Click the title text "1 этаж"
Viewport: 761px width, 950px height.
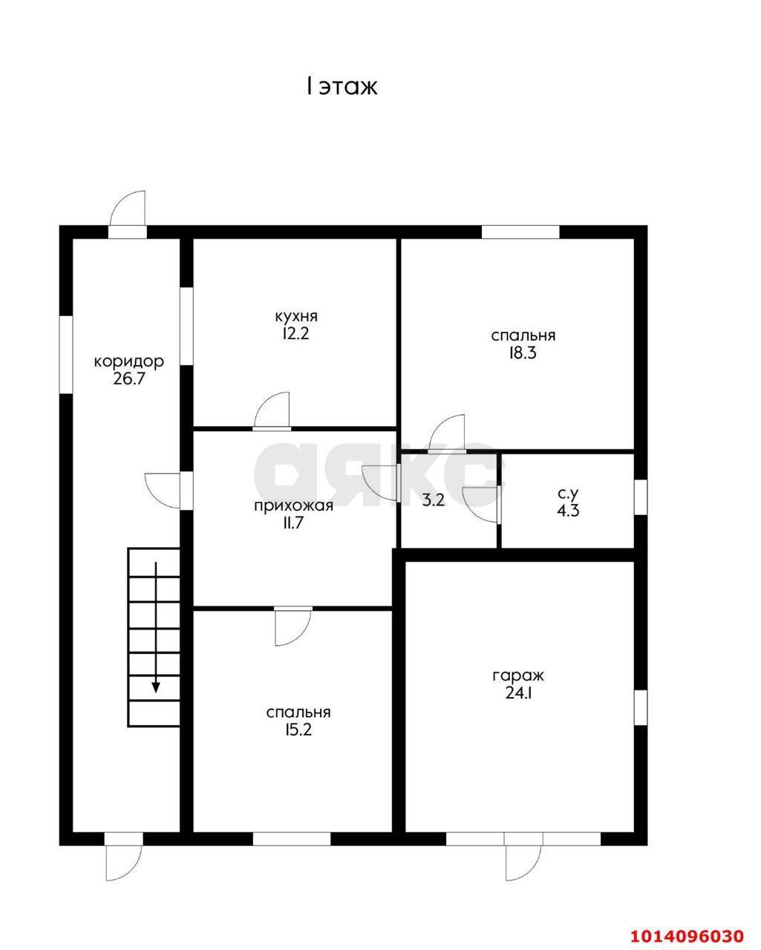(342, 87)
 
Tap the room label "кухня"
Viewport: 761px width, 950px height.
(296, 316)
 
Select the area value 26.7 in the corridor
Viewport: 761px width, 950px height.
(129, 379)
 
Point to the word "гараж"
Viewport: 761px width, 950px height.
(518, 675)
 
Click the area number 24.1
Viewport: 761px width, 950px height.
(518, 693)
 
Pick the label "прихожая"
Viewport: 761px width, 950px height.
(293, 505)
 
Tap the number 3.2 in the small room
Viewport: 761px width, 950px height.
(434, 500)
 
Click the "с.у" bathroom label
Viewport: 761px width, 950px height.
(567, 492)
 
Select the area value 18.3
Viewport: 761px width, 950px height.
(523, 353)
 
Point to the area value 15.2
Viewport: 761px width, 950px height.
(298, 730)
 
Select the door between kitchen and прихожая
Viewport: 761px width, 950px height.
(272, 410)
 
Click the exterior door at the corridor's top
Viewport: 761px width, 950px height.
(128, 214)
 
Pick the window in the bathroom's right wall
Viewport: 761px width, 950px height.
(641, 497)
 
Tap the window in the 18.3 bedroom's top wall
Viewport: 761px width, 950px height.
(520, 232)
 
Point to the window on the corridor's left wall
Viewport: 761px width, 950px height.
(66, 355)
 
